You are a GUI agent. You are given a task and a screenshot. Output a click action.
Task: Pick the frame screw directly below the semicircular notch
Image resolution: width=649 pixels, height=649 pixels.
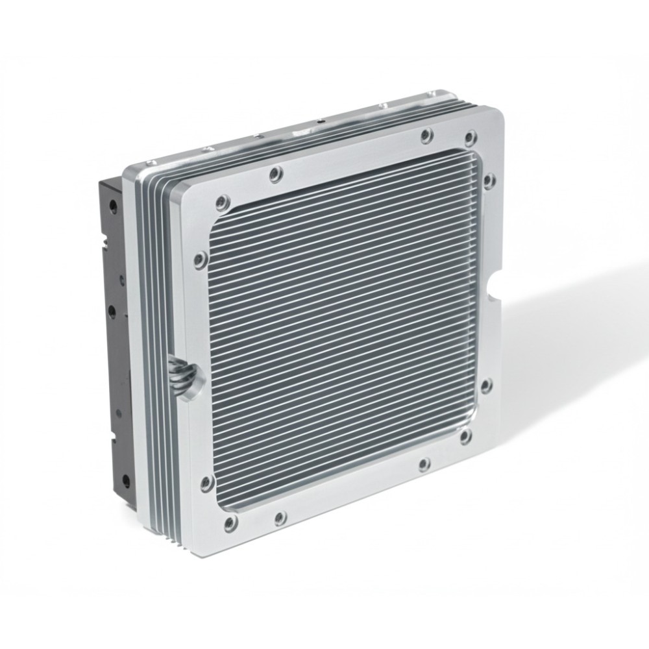tap(486, 387)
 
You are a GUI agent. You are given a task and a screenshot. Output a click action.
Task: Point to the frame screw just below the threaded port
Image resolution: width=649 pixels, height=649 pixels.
tap(206, 482)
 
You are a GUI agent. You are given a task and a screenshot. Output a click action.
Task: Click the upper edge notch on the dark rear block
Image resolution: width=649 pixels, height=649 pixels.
tap(104, 247)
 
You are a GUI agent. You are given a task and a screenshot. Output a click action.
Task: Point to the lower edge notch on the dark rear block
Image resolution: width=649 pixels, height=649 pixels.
tap(112, 441)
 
